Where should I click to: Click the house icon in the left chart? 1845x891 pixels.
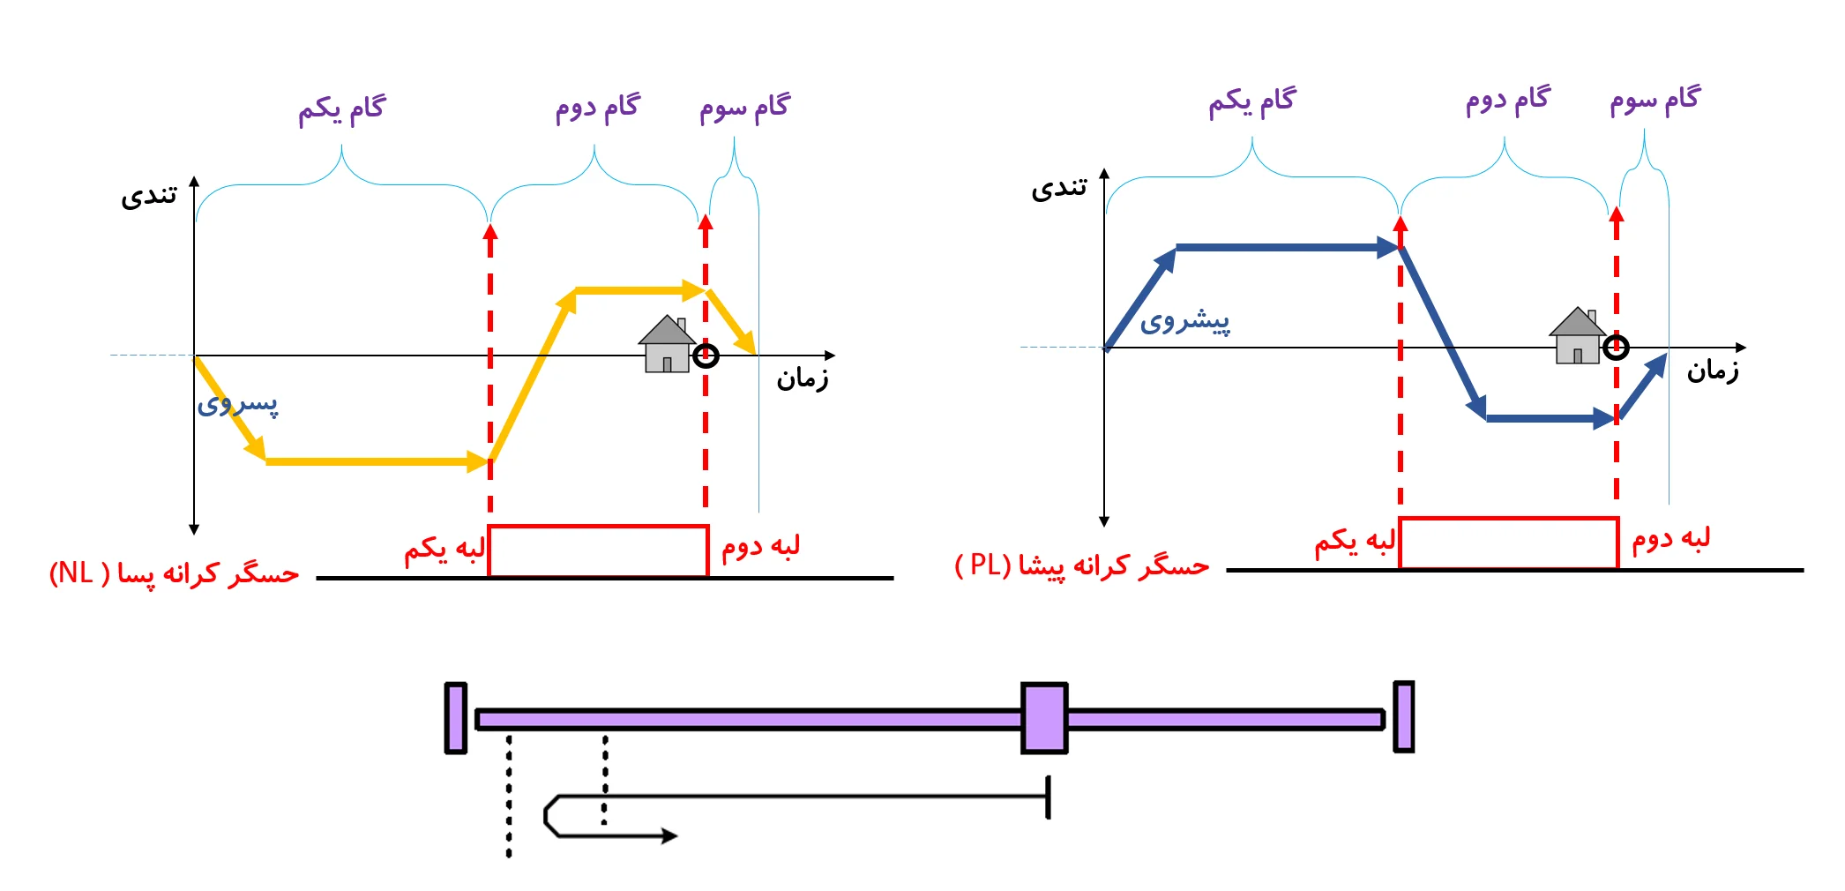(x=667, y=345)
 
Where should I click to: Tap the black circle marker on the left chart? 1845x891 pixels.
(x=706, y=356)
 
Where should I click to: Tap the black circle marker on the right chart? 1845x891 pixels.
(x=1616, y=348)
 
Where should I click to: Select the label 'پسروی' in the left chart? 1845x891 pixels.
(x=237, y=404)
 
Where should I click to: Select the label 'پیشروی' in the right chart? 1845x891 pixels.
(x=1184, y=322)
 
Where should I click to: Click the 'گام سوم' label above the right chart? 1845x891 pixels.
(x=1655, y=101)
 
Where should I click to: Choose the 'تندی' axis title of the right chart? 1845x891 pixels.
(x=1059, y=188)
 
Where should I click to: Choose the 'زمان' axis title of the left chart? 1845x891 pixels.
(x=802, y=379)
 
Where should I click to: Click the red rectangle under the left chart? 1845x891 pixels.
(x=598, y=551)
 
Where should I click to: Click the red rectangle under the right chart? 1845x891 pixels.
(x=1508, y=543)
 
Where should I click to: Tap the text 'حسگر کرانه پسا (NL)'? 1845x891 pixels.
(x=174, y=574)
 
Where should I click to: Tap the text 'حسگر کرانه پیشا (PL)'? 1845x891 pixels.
(x=1081, y=566)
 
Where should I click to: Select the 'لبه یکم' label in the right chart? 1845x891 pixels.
(x=1355, y=541)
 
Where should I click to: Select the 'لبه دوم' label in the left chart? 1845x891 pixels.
(x=760, y=547)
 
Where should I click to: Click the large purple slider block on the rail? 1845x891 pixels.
(x=1044, y=718)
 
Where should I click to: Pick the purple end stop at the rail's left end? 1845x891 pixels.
(x=456, y=718)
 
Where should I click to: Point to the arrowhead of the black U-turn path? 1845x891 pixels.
(x=669, y=835)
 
